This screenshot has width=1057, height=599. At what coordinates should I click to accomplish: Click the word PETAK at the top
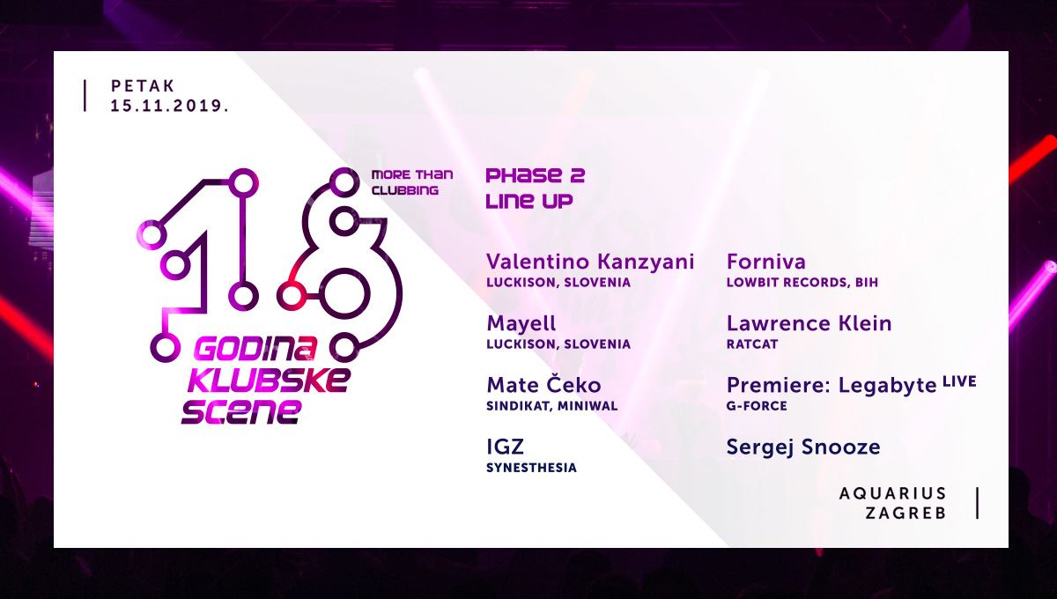pos(143,86)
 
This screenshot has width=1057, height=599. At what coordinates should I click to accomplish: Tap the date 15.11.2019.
pos(170,106)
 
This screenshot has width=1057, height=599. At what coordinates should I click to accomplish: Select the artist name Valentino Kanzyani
pos(590,263)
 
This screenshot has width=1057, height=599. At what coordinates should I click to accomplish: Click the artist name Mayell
pos(521,324)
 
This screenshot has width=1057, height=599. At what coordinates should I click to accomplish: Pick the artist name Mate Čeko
pos(543,385)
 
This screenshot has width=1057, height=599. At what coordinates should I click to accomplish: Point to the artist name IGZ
pos(505,447)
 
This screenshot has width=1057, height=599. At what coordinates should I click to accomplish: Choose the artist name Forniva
pos(766,262)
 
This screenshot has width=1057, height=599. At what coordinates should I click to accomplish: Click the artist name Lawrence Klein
pos(809,324)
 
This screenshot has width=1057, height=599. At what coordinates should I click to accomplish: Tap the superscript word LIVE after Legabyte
pos(959,382)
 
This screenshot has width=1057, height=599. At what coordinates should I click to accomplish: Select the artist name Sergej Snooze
pos(803,447)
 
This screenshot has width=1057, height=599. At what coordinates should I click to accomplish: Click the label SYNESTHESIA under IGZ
pos(531,468)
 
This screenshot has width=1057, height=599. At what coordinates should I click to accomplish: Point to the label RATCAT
pos(752,344)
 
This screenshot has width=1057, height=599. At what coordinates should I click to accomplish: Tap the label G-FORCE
pos(757,406)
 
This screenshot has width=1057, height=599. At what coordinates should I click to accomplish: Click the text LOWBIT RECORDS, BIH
pos(802,282)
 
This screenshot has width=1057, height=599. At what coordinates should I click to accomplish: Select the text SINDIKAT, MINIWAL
pos(552,406)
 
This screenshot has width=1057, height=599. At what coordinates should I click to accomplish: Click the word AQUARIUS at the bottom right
pos(893,493)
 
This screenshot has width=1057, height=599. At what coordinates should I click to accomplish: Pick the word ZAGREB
pos(906,513)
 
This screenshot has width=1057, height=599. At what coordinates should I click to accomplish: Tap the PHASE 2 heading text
pos(536,175)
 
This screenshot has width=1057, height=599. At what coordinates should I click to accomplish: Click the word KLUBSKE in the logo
pos(269,381)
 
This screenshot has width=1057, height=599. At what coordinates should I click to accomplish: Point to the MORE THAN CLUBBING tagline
pos(412,182)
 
